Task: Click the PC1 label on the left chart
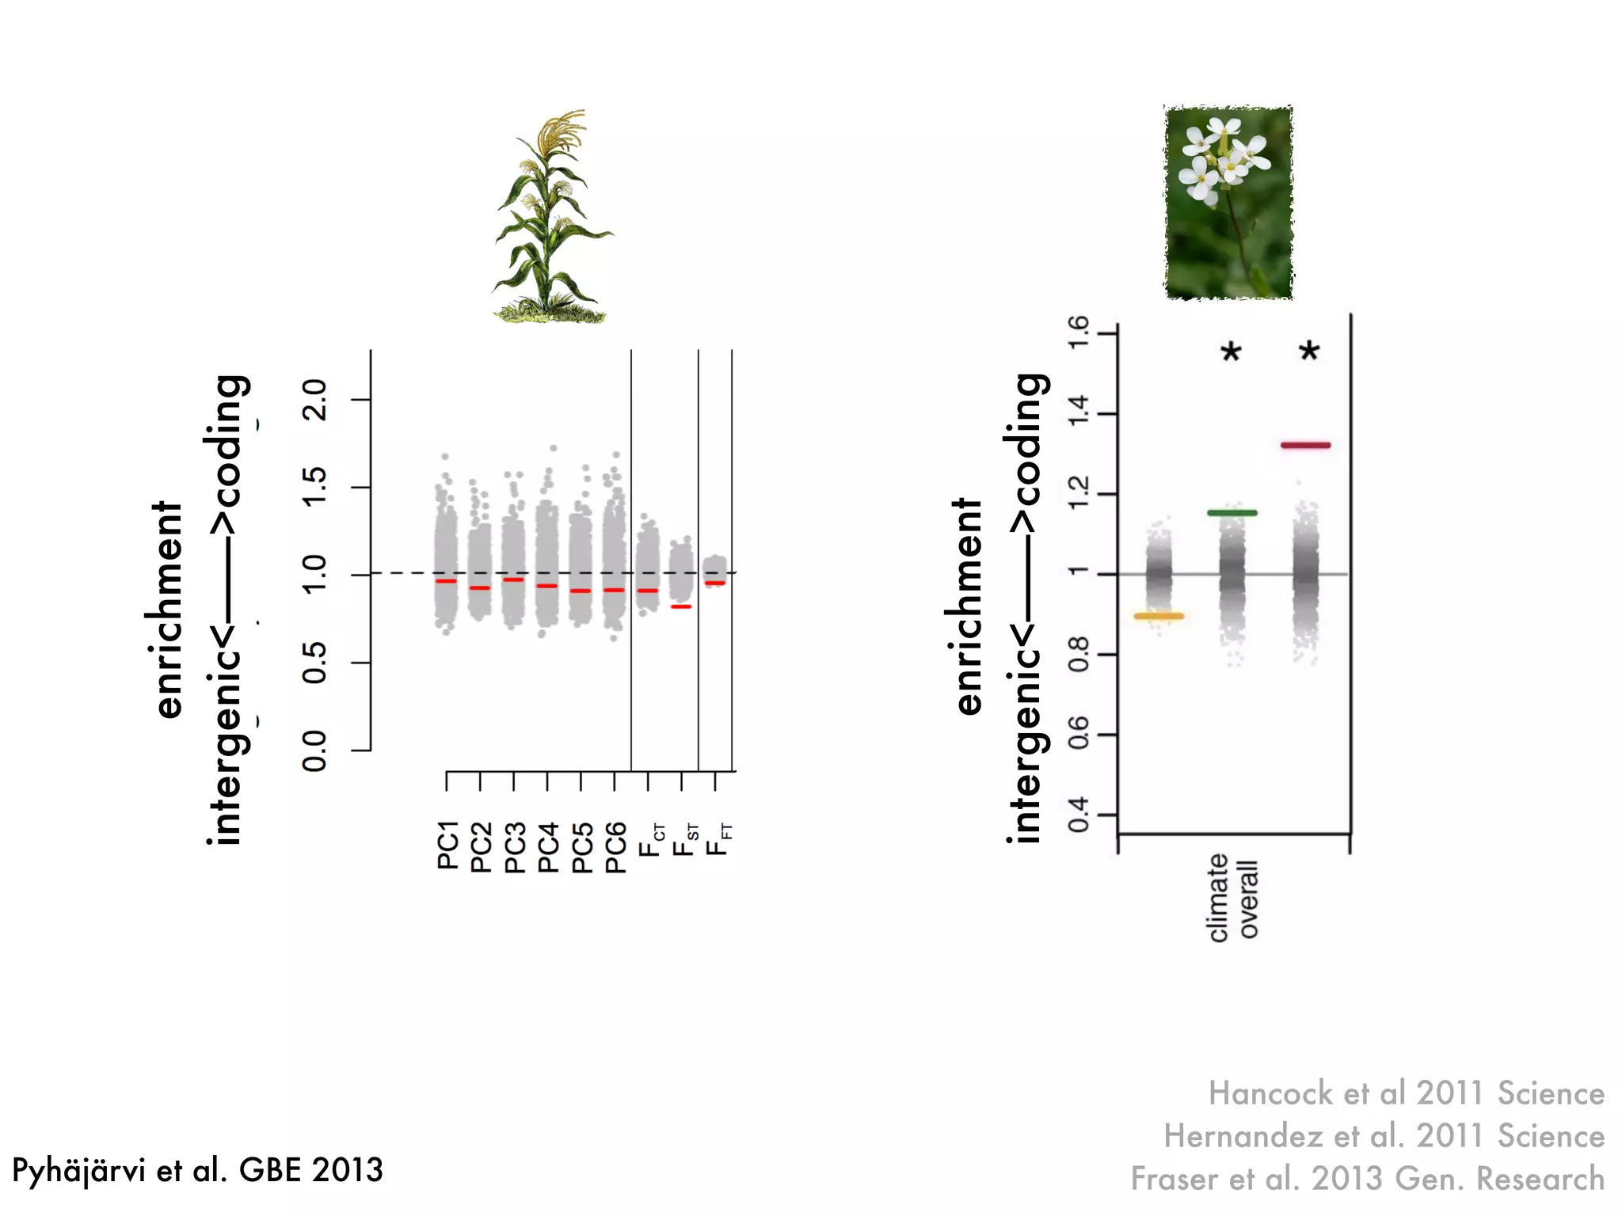click(x=447, y=845)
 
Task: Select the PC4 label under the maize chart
click(x=548, y=846)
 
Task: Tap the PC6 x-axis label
click(x=615, y=846)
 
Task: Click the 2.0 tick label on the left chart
click(x=314, y=400)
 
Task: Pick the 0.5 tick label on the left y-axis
click(x=314, y=663)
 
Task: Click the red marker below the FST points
click(x=681, y=607)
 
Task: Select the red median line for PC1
click(x=446, y=582)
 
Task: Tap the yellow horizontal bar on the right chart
click(x=1159, y=616)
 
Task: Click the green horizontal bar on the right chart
click(x=1232, y=513)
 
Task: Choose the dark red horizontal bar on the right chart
click(x=1305, y=446)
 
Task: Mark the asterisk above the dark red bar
click(x=1309, y=351)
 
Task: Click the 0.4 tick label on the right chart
click(x=1079, y=815)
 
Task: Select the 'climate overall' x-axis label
click(x=1233, y=897)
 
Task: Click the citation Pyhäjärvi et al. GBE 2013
click(x=197, y=1170)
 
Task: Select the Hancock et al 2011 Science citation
click(x=1406, y=1093)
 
